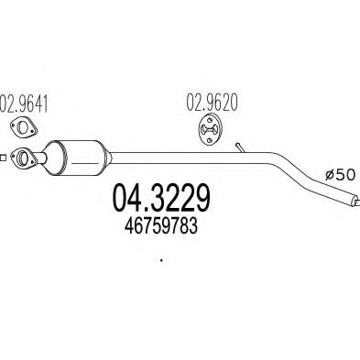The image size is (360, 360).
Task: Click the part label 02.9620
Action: click(213, 104)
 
